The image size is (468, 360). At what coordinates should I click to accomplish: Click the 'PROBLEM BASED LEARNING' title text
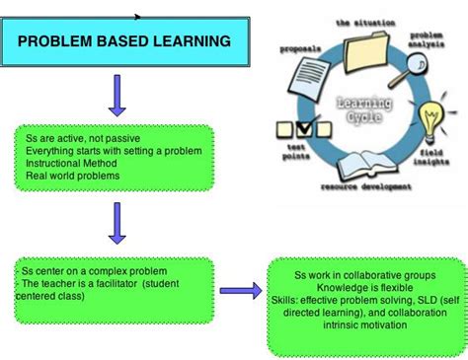(124, 41)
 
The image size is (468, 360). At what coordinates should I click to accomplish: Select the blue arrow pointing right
(239, 291)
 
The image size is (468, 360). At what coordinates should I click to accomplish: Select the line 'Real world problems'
(74, 175)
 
